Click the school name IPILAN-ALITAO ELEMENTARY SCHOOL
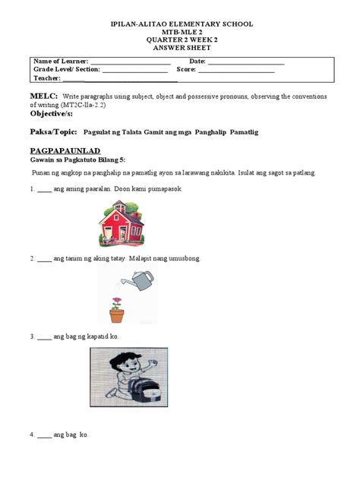point(180,26)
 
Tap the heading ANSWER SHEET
point(180,46)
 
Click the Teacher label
point(48,79)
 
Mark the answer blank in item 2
point(44,259)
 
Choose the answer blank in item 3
point(44,336)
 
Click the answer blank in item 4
point(44,435)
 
